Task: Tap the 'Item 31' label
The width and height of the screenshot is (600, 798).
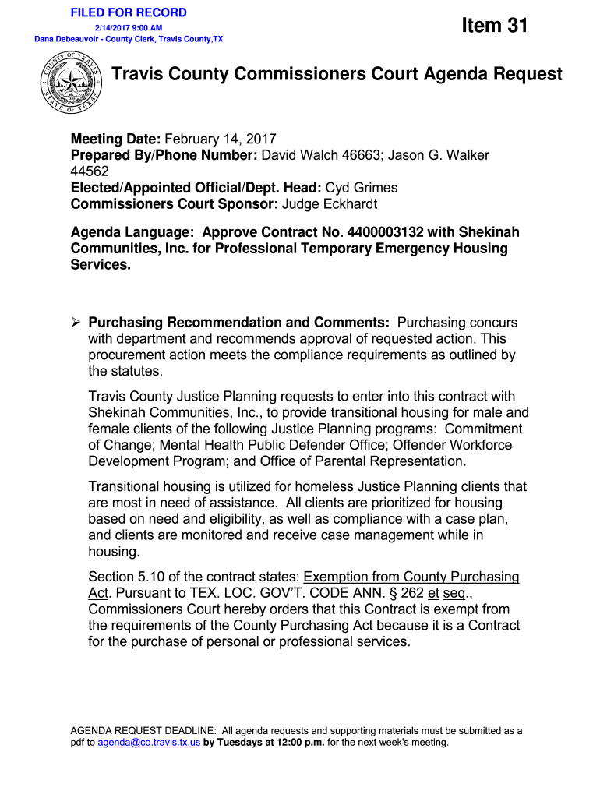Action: [x=494, y=26]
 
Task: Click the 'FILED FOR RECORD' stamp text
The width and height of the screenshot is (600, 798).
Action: [x=129, y=12]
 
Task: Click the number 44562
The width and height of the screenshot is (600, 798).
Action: [x=90, y=171]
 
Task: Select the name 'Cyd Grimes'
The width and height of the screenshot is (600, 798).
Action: [x=361, y=188]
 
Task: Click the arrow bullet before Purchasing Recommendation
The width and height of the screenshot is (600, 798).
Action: [x=76, y=323]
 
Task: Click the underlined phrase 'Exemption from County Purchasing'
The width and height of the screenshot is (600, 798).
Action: [x=411, y=577]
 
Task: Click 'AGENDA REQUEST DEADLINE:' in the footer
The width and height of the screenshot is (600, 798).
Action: [x=144, y=731]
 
